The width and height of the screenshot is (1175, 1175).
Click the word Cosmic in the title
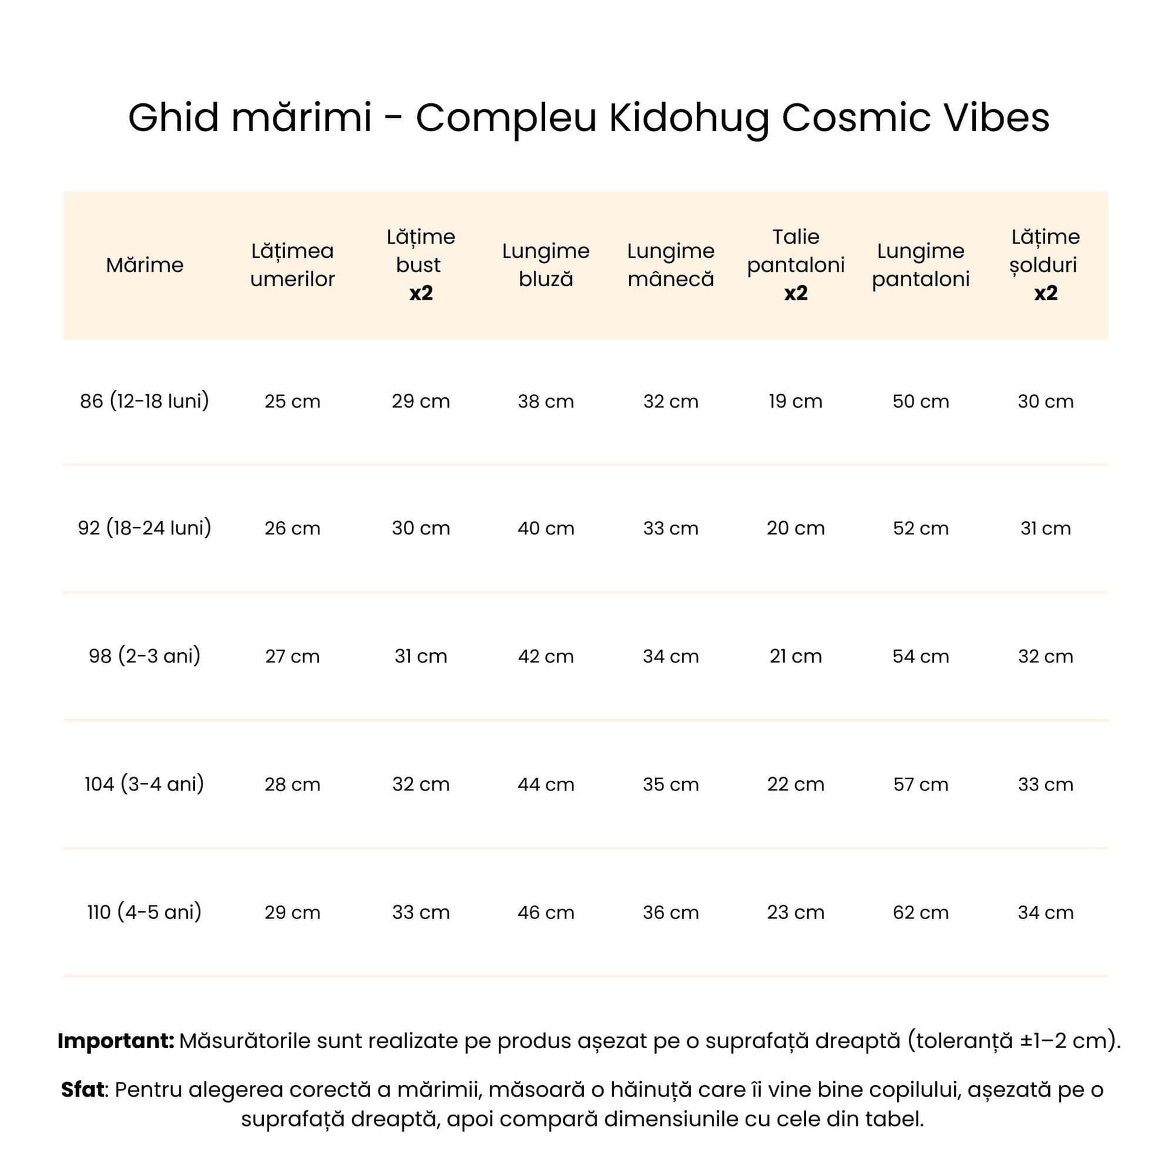(x=855, y=117)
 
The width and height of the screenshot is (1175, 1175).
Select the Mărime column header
(x=145, y=265)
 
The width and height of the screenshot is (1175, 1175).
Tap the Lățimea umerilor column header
(x=292, y=265)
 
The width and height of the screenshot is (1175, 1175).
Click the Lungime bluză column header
(x=546, y=265)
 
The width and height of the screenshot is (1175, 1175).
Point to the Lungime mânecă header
(x=671, y=265)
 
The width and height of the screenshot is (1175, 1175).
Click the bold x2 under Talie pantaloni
(x=795, y=293)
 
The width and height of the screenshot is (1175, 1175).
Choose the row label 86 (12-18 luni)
(x=145, y=402)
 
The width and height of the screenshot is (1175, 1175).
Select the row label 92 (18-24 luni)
(x=145, y=528)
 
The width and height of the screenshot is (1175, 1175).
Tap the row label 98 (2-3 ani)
(x=145, y=656)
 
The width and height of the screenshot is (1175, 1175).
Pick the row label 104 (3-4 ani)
(x=145, y=784)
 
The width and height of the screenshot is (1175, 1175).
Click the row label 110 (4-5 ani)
(x=145, y=912)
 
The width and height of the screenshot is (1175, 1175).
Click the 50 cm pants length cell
(x=920, y=402)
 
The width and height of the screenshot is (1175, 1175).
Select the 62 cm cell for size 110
(x=920, y=912)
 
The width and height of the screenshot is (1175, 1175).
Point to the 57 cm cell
(x=920, y=784)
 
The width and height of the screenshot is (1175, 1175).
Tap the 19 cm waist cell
(x=795, y=402)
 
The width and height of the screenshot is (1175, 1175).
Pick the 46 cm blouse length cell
(x=546, y=912)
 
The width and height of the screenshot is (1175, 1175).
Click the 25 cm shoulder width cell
(x=292, y=402)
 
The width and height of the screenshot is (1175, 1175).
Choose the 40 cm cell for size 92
(x=546, y=528)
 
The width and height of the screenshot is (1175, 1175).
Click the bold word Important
(x=115, y=1041)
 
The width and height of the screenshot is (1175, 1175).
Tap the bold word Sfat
(x=83, y=1089)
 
